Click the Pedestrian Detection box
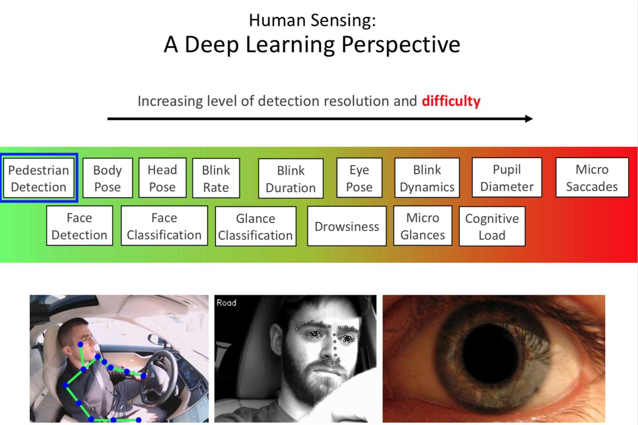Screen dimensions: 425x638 click(x=39, y=178)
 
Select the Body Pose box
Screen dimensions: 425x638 click(x=107, y=178)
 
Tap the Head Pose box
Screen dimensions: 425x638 click(x=162, y=178)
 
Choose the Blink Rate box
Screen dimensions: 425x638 click(x=216, y=178)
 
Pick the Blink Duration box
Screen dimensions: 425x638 click(x=291, y=179)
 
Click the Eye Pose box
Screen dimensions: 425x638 click(x=359, y=178)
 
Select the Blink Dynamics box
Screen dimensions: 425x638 click(x=427, y=178)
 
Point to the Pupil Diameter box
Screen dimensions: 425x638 click(x=507, y=178)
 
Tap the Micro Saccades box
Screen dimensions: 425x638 click(x=592, y=178)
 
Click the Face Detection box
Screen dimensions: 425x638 click(x=79, y=226)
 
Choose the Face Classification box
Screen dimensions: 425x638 click(x=164, y=226)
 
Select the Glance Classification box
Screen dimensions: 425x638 click(x=256, y=226)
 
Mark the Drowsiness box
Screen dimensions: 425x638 click(x=347, y=226)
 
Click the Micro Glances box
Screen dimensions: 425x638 click(x=423, y=226)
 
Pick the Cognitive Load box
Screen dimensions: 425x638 click(x=492, y=226)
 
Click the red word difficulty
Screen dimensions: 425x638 click(x=451, y=101)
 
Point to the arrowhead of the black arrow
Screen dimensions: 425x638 click(x=529, y=119)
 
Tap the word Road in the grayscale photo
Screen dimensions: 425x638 click(x=226, y=303)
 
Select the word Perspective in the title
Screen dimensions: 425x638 click(x=400, y=45)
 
